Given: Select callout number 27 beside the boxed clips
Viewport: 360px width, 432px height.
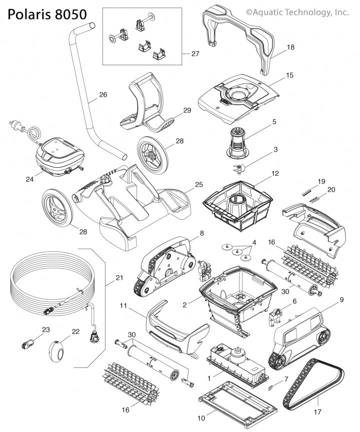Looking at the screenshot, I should tap(194, 54).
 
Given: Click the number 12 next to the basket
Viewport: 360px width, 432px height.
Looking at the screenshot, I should tap(275, 174).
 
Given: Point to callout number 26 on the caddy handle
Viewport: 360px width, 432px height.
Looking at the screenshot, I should tap(103, 94).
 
